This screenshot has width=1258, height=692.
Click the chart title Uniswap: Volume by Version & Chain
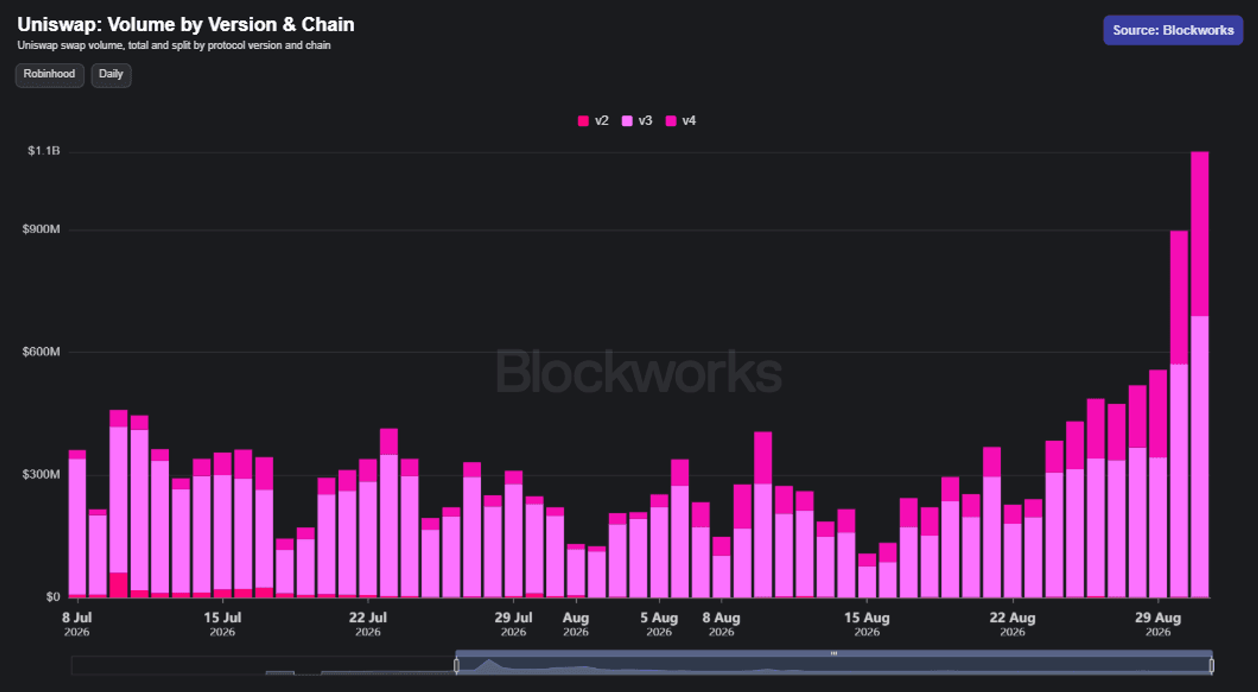tap(186, 25)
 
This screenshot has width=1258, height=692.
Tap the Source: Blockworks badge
tap(1173, 30)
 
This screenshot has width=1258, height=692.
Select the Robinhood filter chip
tap(49, 75)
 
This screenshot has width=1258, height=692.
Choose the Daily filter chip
tap(111, 75)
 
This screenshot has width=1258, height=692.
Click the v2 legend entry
tap(593, 120)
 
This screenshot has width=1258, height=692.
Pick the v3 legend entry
tap(637, 120)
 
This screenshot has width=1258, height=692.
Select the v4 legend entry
tap(681, 120)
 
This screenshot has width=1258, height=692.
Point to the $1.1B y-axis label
tap(43, 151)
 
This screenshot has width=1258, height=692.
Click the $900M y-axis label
tap(41, 229)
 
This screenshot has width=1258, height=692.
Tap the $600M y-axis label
tap(41, 352)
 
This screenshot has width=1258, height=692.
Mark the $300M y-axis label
tap(41, 474)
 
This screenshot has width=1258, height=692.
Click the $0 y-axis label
tap(53, 597)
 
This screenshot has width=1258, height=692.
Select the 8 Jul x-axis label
tap(77, 624)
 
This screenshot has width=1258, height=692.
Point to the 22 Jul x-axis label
tap(368, 624)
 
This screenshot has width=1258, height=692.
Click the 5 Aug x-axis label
tap(659, 624)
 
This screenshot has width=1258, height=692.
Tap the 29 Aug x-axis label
tap(1158, 624)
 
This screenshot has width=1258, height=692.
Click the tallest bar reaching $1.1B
tap(1199, 374)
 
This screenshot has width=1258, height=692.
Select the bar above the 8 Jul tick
tap(78, 523)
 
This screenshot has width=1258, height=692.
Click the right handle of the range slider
tap(1211, 665)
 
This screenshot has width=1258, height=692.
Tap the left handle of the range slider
tap(456, 665)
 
